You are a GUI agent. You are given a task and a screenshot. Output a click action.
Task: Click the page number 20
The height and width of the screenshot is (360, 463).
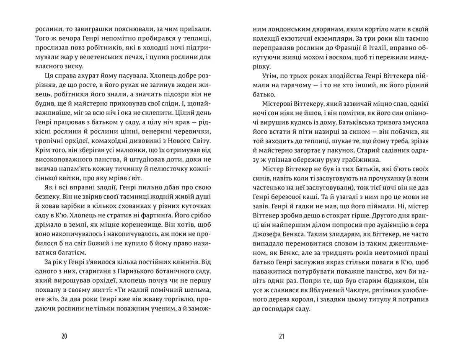[x=64, y=336]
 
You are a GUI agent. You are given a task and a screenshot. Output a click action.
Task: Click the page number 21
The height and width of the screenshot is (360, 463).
[x=281, y=336]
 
